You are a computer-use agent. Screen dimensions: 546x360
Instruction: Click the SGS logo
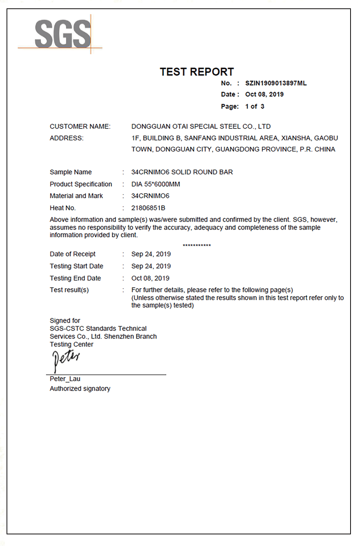point(63,34)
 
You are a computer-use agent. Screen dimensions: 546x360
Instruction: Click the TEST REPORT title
point(197,72)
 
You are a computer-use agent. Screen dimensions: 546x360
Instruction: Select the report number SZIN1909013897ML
point(276,83)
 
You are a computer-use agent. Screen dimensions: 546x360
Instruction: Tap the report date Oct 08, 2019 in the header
point(264,95)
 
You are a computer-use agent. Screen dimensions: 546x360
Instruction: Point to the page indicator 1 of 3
point(254,107)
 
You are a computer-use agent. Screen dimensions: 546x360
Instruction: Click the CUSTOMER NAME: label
point(80,127)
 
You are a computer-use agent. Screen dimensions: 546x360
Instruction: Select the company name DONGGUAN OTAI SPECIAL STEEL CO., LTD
point(201,127)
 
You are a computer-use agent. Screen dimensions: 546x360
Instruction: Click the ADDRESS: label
point(67,138)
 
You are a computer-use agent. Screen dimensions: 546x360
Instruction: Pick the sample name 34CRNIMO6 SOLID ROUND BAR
point(182,172)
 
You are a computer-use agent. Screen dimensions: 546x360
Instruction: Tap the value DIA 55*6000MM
point(155,184)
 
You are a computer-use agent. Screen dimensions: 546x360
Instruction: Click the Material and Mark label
point(76,196)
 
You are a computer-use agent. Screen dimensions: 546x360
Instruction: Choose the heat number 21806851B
point(148,208)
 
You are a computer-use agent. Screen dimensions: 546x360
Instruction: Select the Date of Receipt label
point(72,254)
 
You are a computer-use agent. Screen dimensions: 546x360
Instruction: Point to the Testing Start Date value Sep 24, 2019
point(151,266)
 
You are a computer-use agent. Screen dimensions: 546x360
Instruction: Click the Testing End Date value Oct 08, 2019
point(150,278)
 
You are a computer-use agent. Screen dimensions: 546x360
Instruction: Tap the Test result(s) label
point(69,290)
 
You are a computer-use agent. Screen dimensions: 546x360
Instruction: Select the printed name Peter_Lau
point(65,379)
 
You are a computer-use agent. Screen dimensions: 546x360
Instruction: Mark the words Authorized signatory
point(80,389)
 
